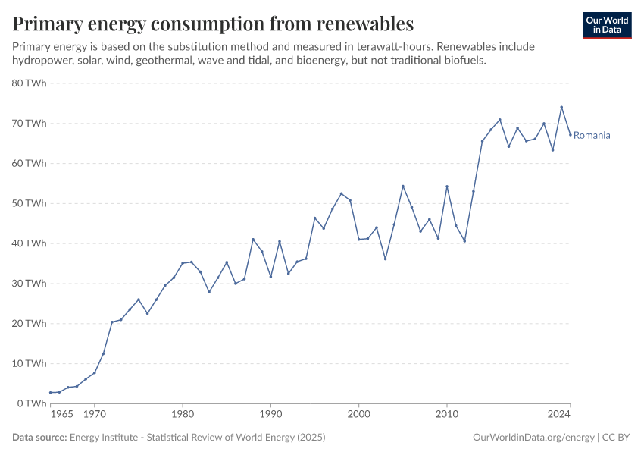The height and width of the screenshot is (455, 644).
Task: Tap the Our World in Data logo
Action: pos(607,25)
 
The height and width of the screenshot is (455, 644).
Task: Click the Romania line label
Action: pos(592,136)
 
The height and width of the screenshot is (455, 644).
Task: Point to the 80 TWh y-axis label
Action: pos(30,83)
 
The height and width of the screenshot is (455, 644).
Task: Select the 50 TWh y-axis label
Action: pos(30,203)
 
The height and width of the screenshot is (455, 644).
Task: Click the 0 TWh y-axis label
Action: pos(33,403)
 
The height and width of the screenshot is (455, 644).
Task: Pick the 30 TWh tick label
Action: pos(30,284)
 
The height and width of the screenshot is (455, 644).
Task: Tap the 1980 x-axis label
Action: pos(182,415)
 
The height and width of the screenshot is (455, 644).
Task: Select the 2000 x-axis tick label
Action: pos(358,415)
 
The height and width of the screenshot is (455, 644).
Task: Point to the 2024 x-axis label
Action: pos(559,415)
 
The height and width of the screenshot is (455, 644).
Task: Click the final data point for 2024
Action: pos(570,135)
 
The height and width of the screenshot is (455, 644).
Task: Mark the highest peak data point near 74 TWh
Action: pos(561,107)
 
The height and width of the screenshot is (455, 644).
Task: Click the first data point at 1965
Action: pos(51,393)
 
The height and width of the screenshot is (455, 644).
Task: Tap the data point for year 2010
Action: pos(447,187)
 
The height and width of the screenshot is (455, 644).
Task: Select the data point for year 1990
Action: pos(270,276)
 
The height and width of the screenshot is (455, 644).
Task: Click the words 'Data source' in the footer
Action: pos(39,438)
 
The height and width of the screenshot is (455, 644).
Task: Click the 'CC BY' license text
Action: pos(617,438)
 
